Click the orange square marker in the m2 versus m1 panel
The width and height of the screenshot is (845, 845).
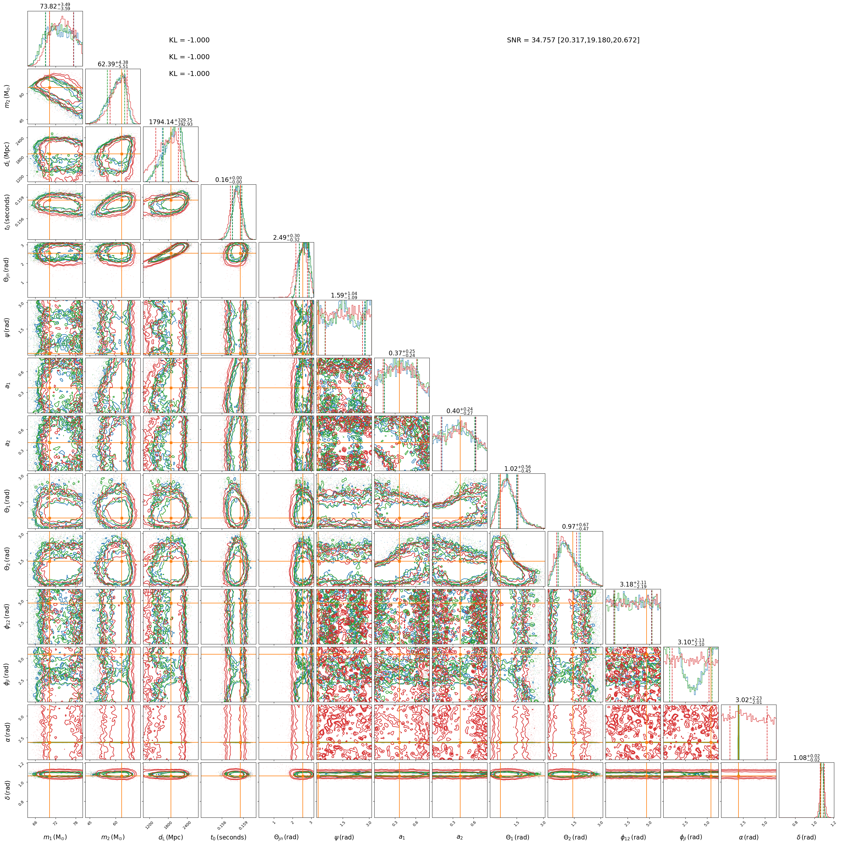(x=50, y=88)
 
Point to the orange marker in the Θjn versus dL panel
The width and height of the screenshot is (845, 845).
(x=171, y=253)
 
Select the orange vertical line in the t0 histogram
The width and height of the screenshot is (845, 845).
(x=240, y=212)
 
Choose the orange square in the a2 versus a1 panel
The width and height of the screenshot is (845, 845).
(x=399, y=442)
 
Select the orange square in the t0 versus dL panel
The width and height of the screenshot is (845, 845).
(x=171, y=200)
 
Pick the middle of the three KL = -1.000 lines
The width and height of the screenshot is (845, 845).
(x=189, y=57)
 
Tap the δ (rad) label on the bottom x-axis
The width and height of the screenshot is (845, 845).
(x=806, y=837)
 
